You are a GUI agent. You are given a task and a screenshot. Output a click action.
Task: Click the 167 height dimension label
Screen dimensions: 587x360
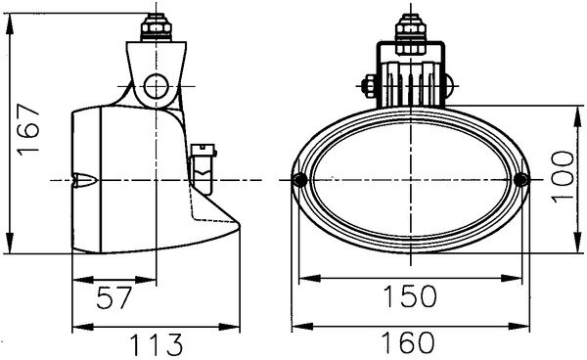(28, 129)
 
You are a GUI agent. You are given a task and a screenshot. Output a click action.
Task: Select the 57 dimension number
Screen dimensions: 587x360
(114, 297)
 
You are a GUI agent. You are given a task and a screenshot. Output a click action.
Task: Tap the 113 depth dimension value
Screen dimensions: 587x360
(157, 344)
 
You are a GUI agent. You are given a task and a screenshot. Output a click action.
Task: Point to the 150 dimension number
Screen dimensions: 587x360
(410, 296)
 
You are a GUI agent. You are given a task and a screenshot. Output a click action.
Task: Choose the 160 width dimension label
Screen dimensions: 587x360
(408, 342)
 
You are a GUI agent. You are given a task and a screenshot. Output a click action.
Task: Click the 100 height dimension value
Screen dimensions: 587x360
(564, 177)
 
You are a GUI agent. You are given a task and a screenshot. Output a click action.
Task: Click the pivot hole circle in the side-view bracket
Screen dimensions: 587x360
(156, 86)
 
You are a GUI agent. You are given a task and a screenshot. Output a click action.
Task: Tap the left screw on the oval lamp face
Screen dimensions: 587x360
(300, 180)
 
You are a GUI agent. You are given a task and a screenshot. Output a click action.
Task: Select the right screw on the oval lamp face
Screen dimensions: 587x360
(520, 180)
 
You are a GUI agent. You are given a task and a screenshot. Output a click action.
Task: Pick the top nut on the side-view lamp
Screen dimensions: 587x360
(157, 27)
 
